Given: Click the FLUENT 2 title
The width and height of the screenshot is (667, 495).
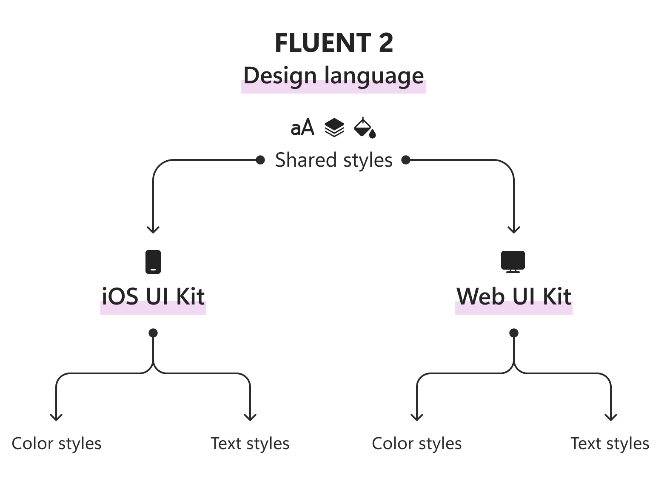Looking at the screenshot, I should click(x=334, y=43).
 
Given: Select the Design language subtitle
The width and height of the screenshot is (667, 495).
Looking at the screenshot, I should click(x=333, y=76).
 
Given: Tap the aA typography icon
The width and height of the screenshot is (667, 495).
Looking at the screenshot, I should click(x=302, y=128).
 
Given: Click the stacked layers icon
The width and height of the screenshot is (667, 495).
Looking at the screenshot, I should click(x=334, y=128).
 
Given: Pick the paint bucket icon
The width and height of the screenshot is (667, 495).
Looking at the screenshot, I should click(x=365, y=128).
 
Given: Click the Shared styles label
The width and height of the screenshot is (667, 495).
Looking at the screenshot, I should click(x=333, y=160).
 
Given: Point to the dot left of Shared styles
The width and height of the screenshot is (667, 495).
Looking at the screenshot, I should click(x=260, y=160).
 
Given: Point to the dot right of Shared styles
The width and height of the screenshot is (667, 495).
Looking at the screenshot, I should click(x=406, y=160).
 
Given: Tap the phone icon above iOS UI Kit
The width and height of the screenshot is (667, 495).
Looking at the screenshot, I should click(x=153, y=262).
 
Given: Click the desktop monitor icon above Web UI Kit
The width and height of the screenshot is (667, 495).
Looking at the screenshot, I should click(x=513, y=261).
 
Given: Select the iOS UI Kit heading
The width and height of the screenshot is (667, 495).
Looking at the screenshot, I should click(x=153, y=296).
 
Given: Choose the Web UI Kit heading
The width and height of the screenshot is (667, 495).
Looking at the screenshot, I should click(x=513, y=296).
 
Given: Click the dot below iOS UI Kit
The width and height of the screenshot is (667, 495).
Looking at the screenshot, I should click(x=153, y=333).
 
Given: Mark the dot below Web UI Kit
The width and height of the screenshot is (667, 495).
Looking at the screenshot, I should click(x=514, y=333).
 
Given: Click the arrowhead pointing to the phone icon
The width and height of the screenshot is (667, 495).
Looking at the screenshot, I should click(x=153, y=230).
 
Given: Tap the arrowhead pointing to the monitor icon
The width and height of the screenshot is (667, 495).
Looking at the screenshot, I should click(x=514, y=230).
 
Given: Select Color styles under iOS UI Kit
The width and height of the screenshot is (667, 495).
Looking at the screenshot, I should click(x=57, y=444).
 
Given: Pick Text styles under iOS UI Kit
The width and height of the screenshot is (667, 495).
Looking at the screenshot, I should click(x=250, y=444).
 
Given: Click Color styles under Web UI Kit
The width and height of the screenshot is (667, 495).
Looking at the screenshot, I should click(x=417, y=444).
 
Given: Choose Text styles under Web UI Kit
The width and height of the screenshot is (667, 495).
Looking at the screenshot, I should click(x=610, y=444).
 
